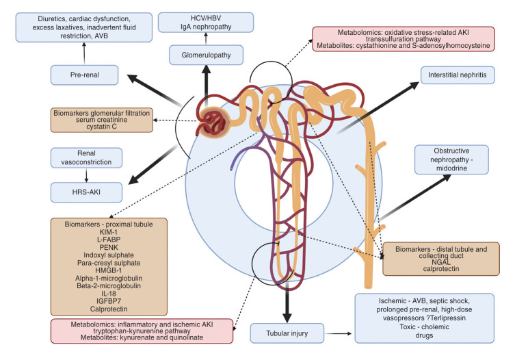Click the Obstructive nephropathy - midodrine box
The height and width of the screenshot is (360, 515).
click(451, 164)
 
